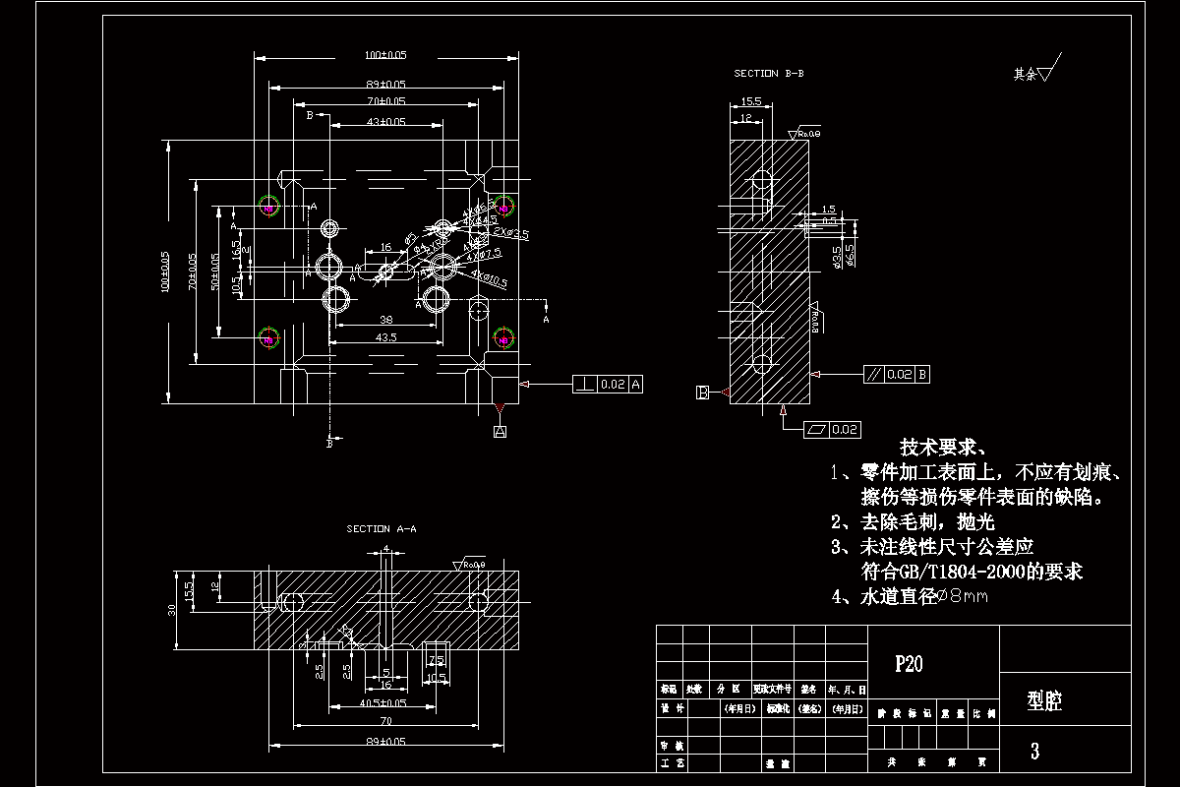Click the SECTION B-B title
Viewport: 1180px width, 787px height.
(x=769, y=74)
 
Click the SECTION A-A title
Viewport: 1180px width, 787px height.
(x=381, y=529)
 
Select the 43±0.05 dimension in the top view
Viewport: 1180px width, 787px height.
(x=386, y=122)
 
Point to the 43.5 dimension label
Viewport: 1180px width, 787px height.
(x=385, y=337)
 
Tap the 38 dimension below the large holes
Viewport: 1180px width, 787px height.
(x=385, y=320)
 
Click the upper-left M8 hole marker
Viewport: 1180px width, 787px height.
(x=268, y=208)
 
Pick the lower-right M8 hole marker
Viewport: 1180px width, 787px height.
(x=503, y=339)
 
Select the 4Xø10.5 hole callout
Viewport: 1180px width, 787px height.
(x=489, y=278)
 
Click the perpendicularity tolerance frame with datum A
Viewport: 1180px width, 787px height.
(x=609, y=384)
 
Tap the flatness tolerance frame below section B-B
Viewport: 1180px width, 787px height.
(x=833, y=430)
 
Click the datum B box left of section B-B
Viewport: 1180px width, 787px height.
(x=703, y=393)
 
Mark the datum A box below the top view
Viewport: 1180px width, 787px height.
(x=500, y=431)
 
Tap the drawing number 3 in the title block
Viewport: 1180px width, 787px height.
(x=1034, y=752)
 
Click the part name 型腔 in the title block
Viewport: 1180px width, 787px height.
(x=1044, y=701)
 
